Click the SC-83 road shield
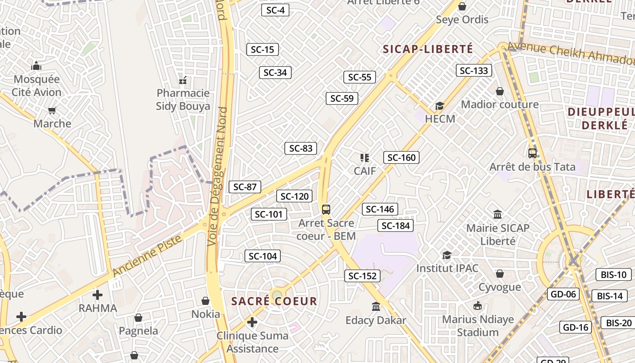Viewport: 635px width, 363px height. pos(301,148)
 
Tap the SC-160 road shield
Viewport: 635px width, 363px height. pos(401,157)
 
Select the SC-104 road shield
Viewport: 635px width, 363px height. pos(263,256)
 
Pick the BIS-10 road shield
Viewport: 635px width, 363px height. pos(614,275)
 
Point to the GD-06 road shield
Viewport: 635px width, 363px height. pos(563,294)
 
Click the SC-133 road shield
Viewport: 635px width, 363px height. pos(474,70)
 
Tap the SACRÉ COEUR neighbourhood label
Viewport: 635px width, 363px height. pos(274,301)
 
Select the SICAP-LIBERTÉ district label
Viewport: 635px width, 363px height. pos(428,49)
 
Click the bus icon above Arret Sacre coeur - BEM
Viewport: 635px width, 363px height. pos(326,209)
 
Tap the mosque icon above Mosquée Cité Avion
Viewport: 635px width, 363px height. pos(36,66)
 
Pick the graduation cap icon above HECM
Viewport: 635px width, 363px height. pos(440,106)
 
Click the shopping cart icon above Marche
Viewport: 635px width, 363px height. pos(52,110)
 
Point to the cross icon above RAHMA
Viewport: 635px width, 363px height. pos(98,295)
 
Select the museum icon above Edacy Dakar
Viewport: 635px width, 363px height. pos(376,307)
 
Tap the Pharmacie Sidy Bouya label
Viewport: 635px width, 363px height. pos(183,100)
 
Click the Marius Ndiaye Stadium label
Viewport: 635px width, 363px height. pos(478,326)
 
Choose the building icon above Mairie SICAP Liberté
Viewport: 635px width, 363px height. pos(498,214)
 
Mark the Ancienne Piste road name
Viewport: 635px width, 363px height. pos(147,255)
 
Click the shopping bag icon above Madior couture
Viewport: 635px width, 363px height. pos(500,91)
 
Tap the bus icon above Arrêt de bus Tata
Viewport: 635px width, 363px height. pos(532,153)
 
